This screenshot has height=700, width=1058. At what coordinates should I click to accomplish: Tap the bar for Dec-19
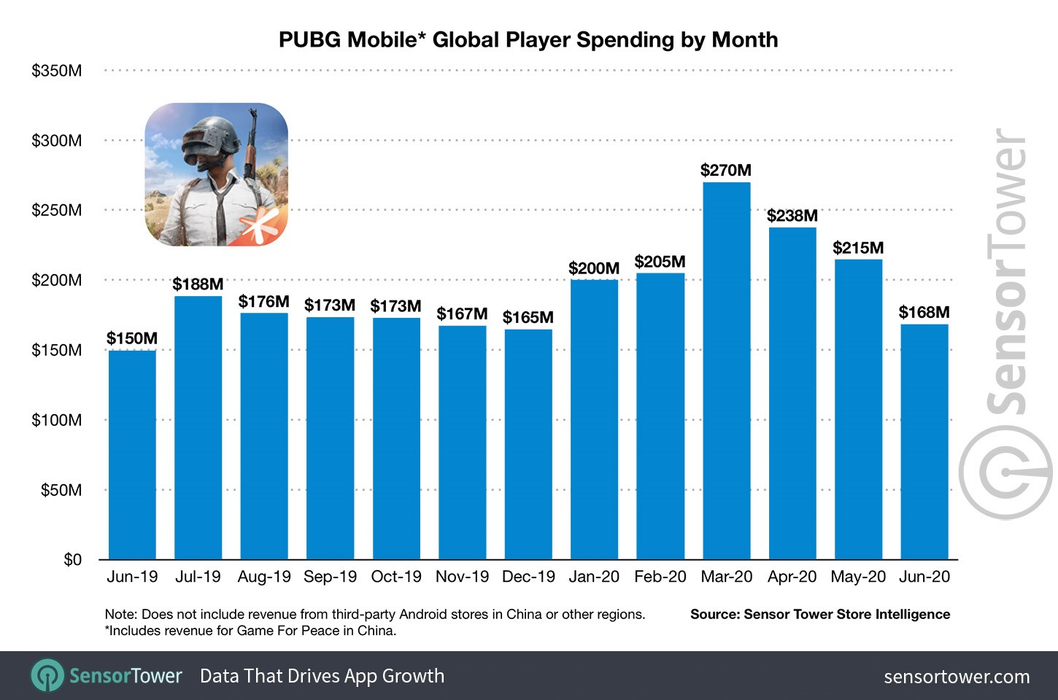pyautogui.click(x=528, y=444)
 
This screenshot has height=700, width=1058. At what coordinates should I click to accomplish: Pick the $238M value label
pyautogui.click(x=792, y=216)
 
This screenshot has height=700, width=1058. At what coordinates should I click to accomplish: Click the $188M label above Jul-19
pyautogui.click(x=198, y=284)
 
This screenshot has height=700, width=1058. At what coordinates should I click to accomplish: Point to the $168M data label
pyautogui.click(x=924, y=313)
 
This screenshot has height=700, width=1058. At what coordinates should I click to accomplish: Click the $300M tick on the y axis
pyautogui.click(x=56, y=141)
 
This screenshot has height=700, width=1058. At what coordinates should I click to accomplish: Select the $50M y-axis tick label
pyautogui.click(x=61, y=490)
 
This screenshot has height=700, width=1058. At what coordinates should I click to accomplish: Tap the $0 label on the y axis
pyautogui.click(x=72, y=560)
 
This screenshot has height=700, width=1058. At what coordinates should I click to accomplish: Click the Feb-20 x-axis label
pyautogui.click(x=660, y=577)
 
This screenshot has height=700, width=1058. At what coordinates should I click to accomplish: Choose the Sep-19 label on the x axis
pyautogui.click(x=330, y=577)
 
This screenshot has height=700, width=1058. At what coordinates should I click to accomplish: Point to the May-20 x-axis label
pyautogui.click(x=858, y=577)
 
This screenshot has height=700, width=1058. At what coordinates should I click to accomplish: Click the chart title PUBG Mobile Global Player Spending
pyautogui.click(x=528, y=39)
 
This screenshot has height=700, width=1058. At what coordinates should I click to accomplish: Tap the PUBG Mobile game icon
pyautogui.click(x=216, y=174)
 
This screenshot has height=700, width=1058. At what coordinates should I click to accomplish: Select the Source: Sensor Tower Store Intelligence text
pyautogui.click(x=820, y=614)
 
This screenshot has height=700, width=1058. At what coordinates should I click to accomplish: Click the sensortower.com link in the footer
pyautogui.click(x=957, y=677)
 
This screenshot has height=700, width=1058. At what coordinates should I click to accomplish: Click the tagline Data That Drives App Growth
pyautogui.click(x=322, y=676)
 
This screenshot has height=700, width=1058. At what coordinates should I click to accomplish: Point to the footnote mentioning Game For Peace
pyautogui.click(x=251, y=631)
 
